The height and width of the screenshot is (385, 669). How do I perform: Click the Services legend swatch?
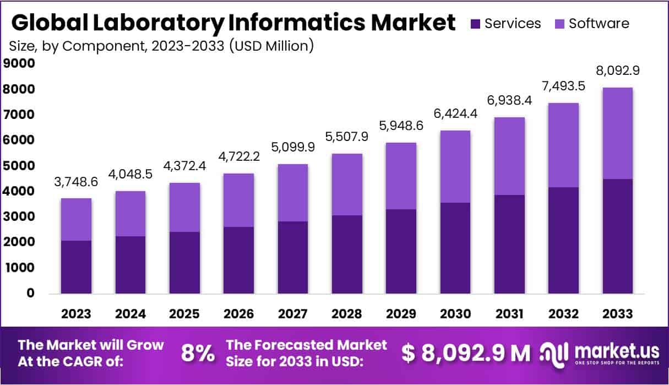[476, 24]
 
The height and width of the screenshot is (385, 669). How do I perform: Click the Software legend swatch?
[560, 24]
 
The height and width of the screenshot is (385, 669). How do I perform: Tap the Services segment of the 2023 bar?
[76, 267]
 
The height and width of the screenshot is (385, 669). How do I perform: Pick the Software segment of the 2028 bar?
[346, 185]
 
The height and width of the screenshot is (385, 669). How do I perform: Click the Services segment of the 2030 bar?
[455, 248]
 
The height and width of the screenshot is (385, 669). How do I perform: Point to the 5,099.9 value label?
[292, 148]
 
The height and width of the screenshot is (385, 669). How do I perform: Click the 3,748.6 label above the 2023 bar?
[76, 182]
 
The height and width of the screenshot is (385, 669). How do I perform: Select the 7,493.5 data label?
[563, 86]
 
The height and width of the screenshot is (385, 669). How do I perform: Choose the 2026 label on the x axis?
[238, 314]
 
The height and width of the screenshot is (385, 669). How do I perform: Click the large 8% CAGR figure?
[198, 354]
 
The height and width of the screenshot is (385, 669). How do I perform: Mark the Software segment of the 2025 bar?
[184, 207]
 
